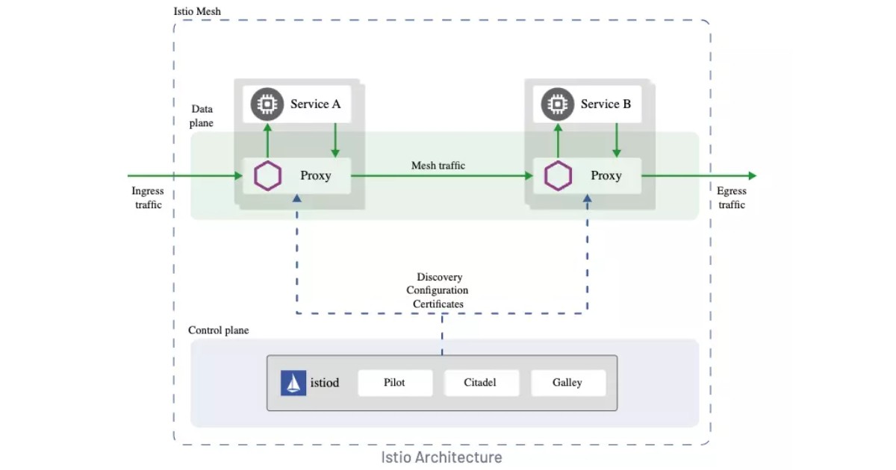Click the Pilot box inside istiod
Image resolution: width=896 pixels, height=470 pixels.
tap(395, 383)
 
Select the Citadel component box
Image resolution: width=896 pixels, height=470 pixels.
tap(480, 383)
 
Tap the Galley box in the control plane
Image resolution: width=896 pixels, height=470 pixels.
tap(567, 383)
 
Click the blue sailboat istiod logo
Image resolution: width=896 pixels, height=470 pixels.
tap(293, 383)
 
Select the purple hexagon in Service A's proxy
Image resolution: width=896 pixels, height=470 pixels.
tap(267, 176)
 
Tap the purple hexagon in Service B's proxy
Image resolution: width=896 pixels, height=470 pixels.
tap(558, 176)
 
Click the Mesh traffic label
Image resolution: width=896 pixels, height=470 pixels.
tap(438, 166)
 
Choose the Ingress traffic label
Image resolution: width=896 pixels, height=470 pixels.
tap(149, 198)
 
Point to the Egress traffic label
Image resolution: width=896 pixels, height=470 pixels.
tap(732, 198)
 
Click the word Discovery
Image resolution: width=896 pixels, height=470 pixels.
tap(439, 278)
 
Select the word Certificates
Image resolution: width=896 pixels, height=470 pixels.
tap(438, 304)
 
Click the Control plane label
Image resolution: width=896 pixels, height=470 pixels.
tap(218, 330)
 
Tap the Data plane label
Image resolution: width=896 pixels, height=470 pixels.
tap(202, 116)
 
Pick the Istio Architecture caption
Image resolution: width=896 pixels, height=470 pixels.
tap(441, 457)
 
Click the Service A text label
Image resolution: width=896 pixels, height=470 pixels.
tap(315, 104)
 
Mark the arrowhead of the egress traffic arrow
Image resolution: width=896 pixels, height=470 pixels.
tap(752, 176)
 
